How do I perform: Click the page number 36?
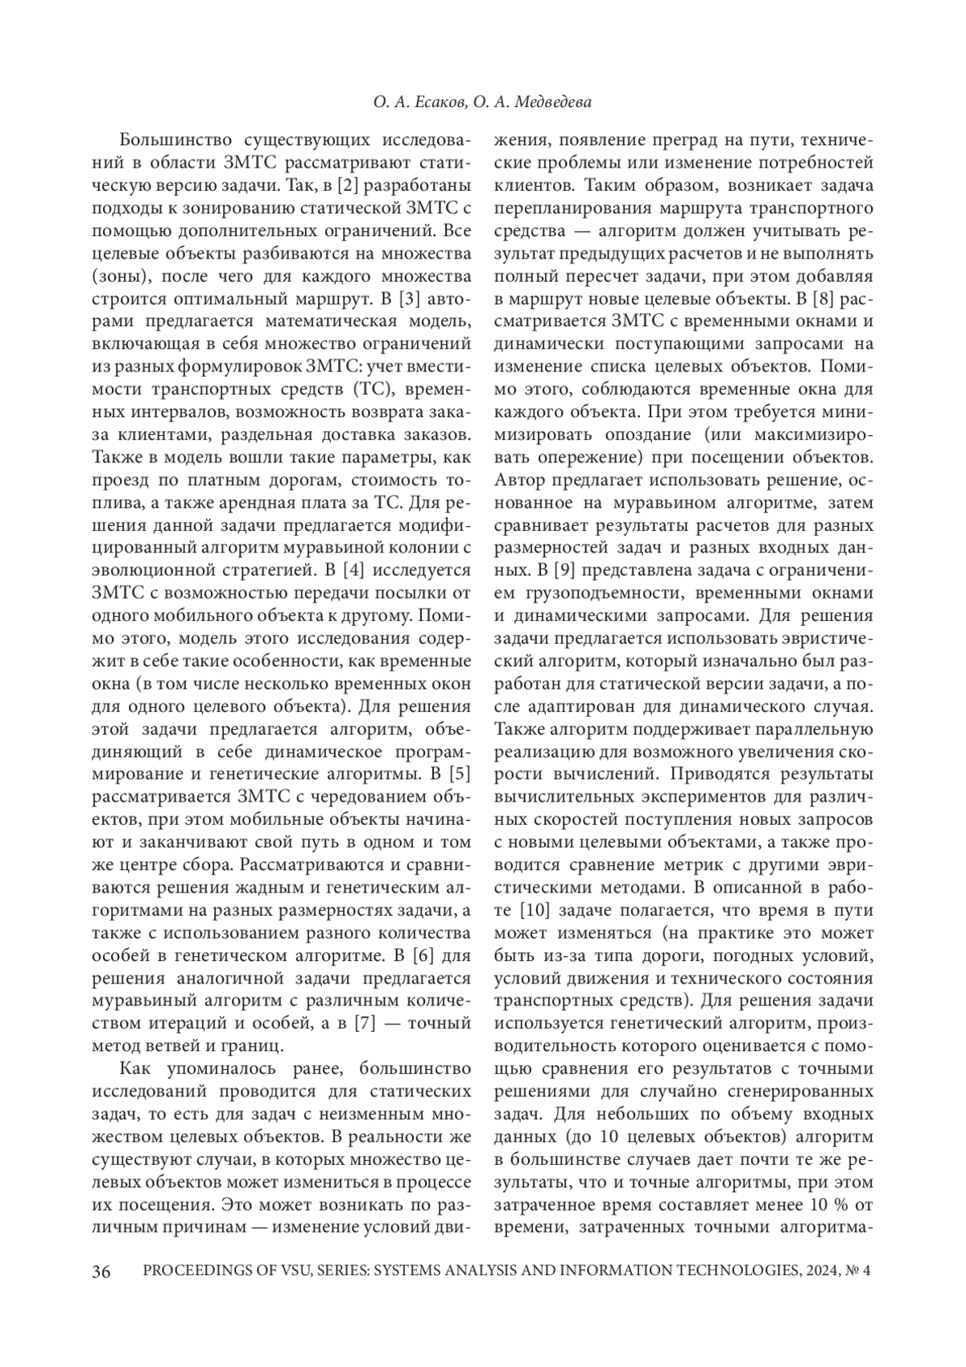click(x=101, y=1272)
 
